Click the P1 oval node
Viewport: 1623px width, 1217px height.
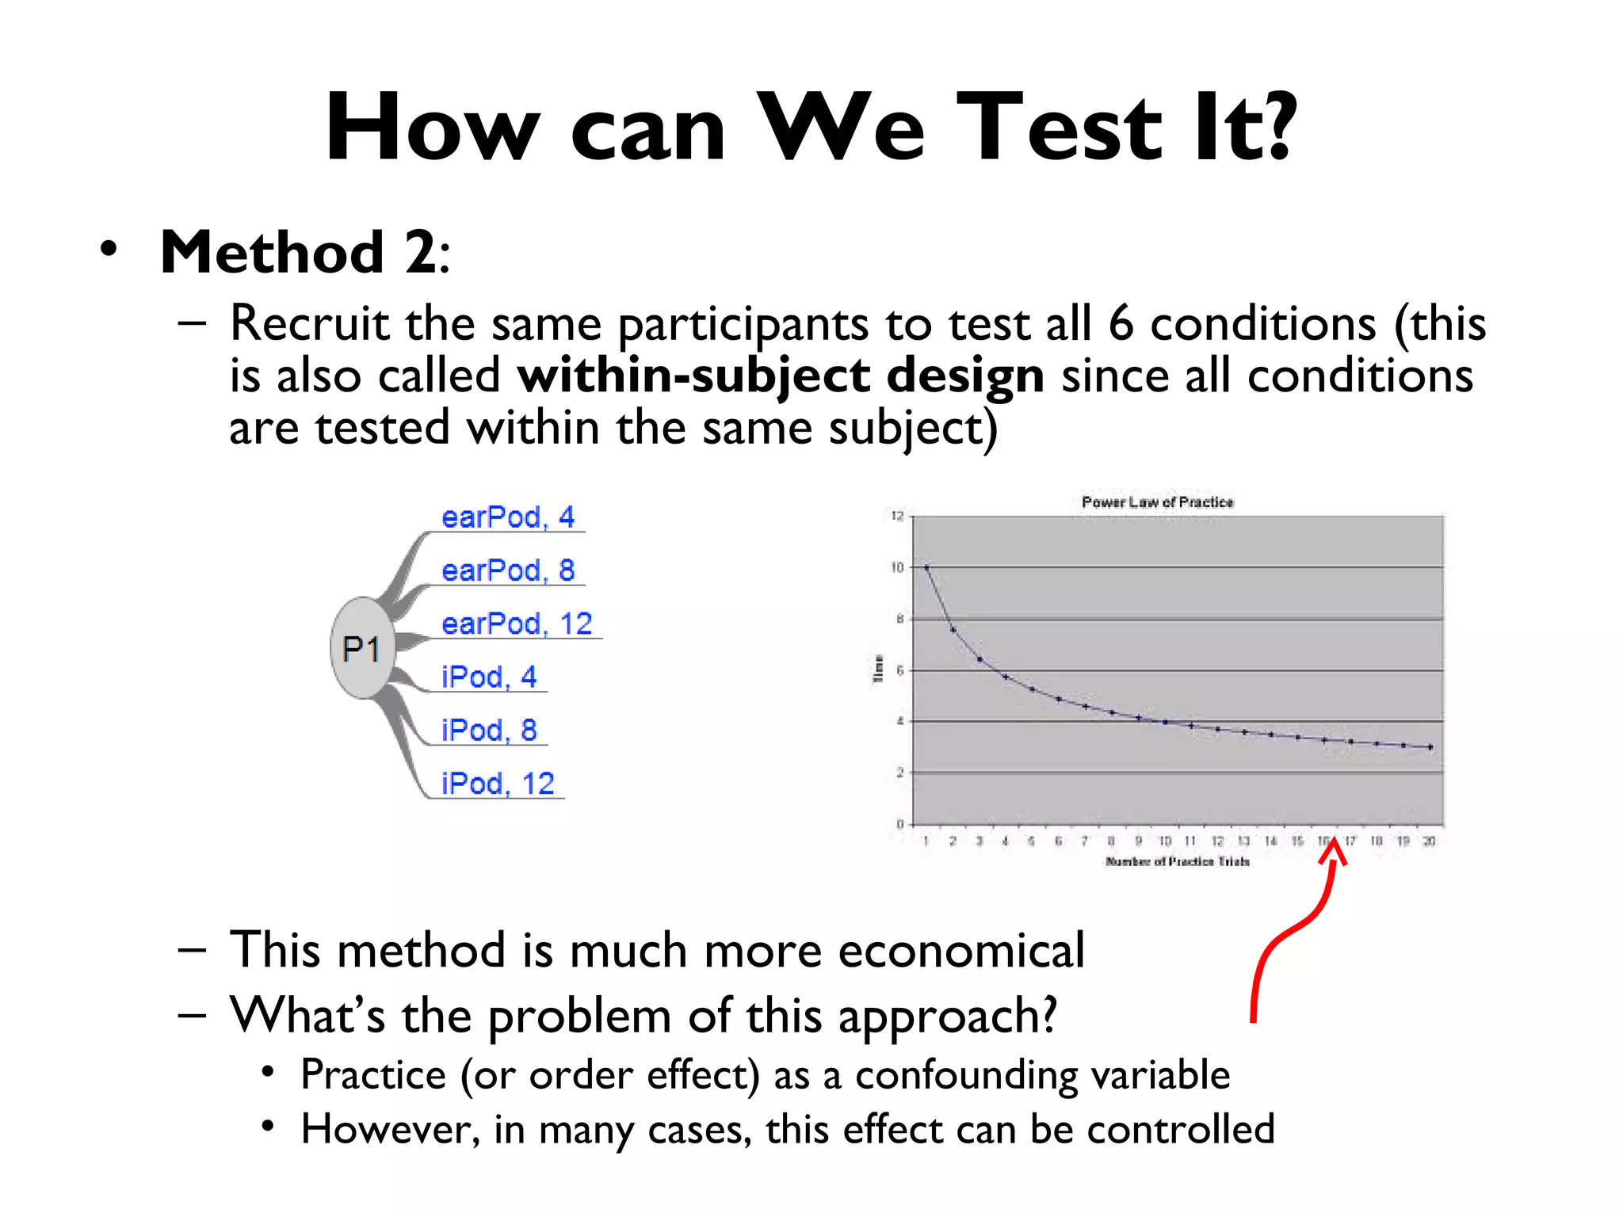(x=362, y=648)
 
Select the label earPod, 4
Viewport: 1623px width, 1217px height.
(x=507, y=517)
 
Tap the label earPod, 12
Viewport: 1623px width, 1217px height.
(x=517, y=624)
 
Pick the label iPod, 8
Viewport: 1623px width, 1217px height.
(x=489, y=730)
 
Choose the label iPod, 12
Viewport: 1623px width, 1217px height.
(x=498, y=784)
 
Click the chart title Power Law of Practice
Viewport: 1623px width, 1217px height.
(x=1157, y=502)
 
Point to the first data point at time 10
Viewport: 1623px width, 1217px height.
(x=926, y=567)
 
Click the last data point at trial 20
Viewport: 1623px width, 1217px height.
(x=1430, y=746)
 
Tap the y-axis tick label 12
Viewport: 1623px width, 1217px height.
(x=897, y=517)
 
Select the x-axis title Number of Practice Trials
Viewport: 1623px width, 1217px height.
(x=1178, y=861)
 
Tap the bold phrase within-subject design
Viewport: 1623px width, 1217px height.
(x=781, y=375)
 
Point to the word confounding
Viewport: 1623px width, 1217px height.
(x=966, y=1075)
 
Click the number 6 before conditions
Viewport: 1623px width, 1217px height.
(x=1121, y=323)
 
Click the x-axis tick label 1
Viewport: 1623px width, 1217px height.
(x=926, y=841)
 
